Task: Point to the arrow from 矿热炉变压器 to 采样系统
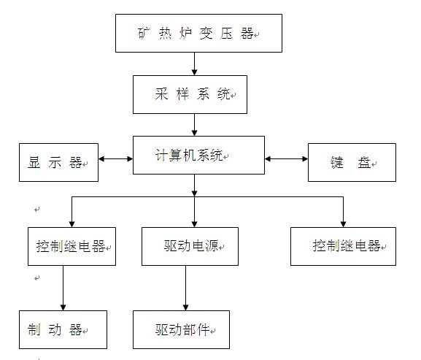194,64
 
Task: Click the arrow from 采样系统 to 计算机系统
194,125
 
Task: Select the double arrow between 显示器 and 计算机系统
116,158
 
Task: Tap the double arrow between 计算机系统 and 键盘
286,158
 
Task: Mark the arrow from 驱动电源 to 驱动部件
185,288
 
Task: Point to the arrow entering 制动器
63,288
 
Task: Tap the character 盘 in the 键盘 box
364,163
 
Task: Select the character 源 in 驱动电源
212,246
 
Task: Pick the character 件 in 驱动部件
204,329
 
